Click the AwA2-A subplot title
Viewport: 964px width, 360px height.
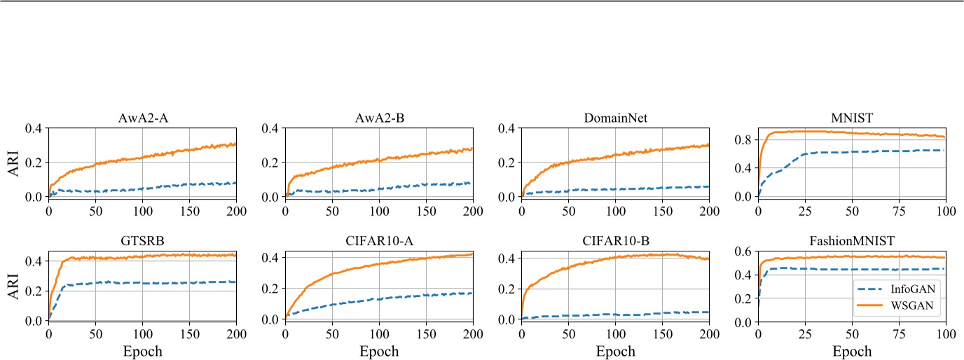(142, 118)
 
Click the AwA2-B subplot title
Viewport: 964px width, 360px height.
(378, 118)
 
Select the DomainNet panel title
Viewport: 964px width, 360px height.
(615, 118)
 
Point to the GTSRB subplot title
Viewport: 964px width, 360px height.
(142, 242)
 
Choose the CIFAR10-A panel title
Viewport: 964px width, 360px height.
(378, 242)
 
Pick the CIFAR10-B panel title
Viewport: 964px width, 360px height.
(615, 242)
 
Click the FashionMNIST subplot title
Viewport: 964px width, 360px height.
(851, 242)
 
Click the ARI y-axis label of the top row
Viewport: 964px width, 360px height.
(14, 162)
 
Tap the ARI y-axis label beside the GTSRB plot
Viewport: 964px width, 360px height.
(14, 286)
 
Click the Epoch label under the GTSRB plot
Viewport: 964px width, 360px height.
(142, 350)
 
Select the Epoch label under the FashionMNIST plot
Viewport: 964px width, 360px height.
(851, 351)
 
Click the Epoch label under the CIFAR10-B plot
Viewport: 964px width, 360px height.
(615, 350)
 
